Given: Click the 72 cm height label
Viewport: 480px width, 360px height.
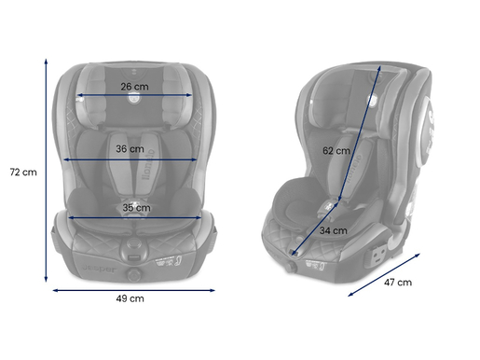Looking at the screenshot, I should pyautogui.click(x=22, y=172).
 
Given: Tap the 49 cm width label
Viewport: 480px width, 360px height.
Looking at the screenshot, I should pyautogui.click(x=130, y=298).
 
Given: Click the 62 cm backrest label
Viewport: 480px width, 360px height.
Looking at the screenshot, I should pyautogui.click(x=336, y=149).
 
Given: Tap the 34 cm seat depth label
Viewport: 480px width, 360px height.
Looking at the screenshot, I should pyautogui.click(x=333, y=229).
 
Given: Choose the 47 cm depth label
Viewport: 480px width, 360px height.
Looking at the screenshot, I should pyautogui.click(x=398, y=283).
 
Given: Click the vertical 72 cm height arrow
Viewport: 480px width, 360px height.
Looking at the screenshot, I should pyautogui.click(x=47, y=168).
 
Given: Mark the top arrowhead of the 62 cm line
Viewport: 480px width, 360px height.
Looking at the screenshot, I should pyautogui.click(x=381, y=67).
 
